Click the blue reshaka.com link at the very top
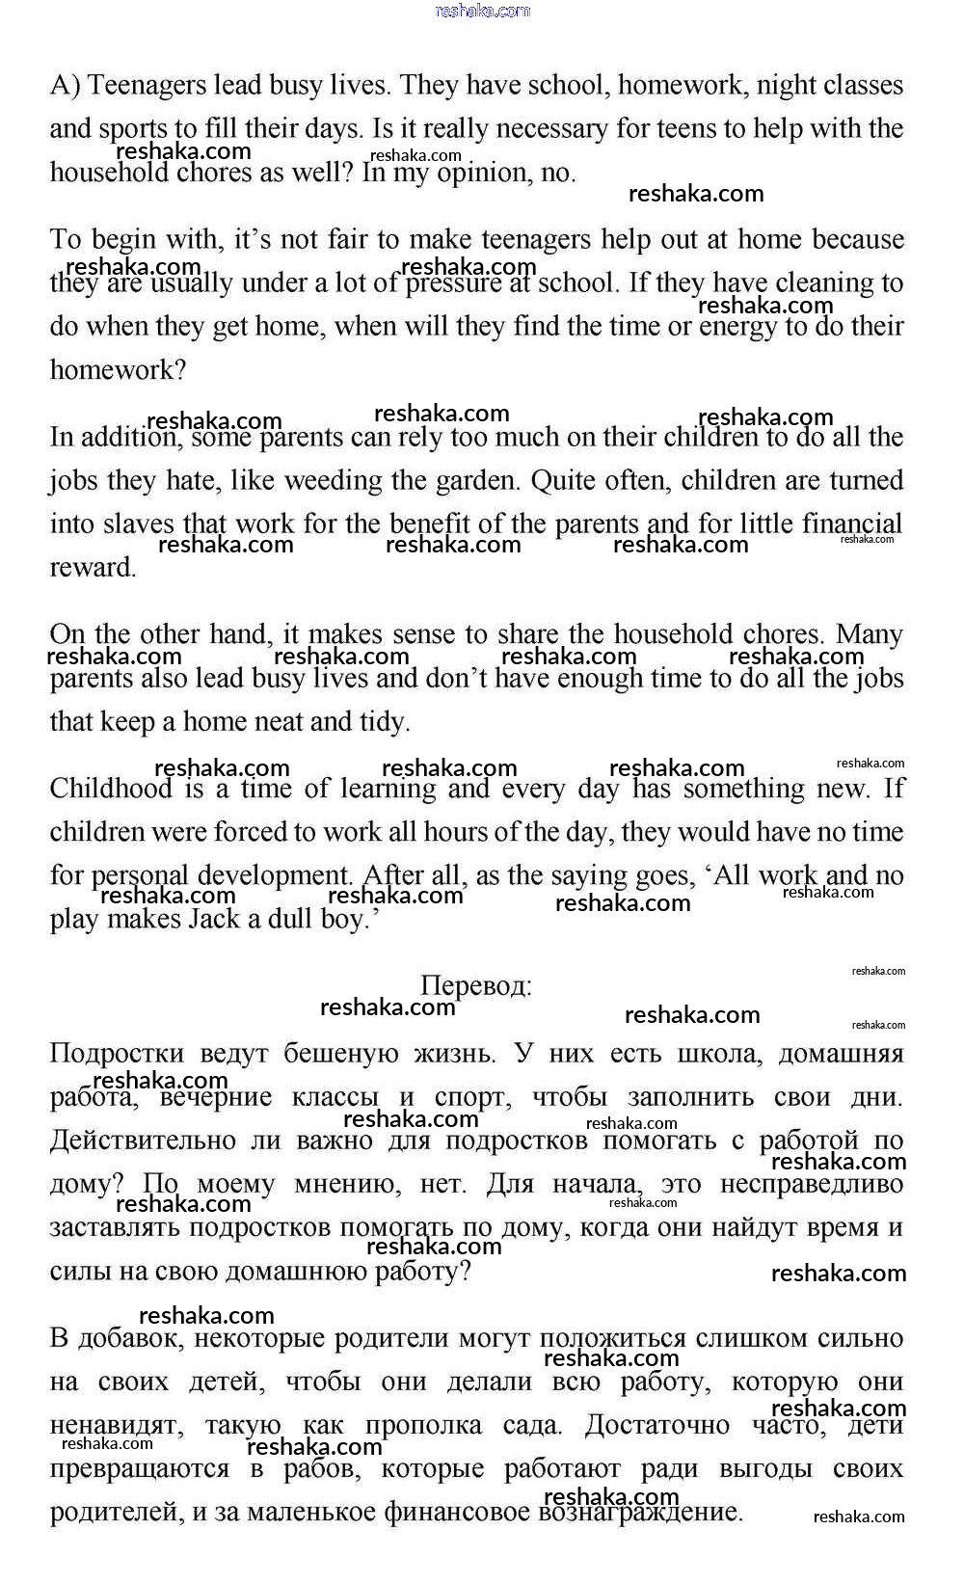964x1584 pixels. click(x=482, y=11)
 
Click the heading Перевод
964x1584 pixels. click(x=475, y=986)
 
